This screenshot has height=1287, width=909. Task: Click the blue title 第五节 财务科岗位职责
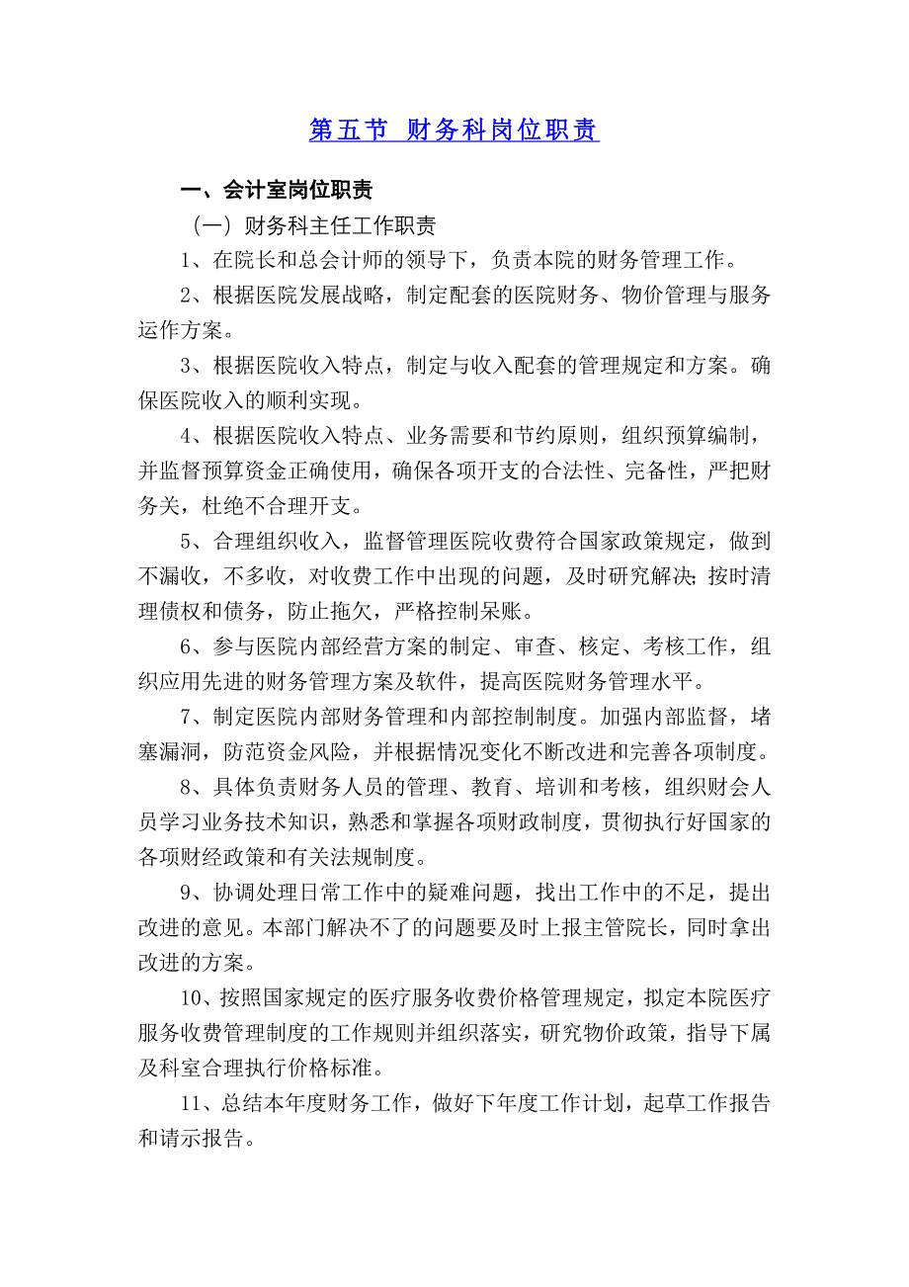point(454,130)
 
